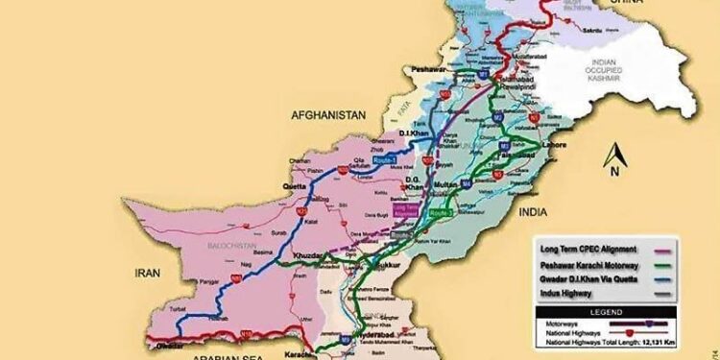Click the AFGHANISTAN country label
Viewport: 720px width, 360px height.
[x=328, y=115]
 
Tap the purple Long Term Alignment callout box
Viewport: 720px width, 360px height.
[x=408, y=208]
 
